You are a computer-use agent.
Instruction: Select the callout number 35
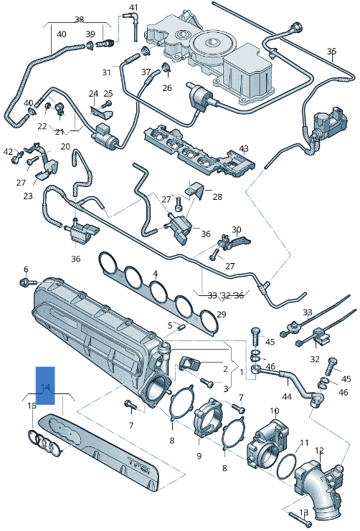click(x=331, y=52)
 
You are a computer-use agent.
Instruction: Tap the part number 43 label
click(x=244, y=148)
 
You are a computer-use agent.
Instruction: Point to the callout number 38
click(x=79, y=19)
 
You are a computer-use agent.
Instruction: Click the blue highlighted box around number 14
click(x=45, y=386)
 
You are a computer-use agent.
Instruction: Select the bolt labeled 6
click(x=27, y=282)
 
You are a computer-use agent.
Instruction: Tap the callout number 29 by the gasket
click(x=221, y=315)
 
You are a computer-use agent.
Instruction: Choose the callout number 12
click(x=319, y=450)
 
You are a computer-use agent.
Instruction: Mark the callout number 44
click(x=287, y=396)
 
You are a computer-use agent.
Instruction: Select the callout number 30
click(x=236, y=230)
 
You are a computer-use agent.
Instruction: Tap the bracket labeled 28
click(x=198, y=191)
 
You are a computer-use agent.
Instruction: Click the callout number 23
click(x=28, y=196)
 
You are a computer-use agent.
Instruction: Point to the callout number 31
click(x=106, y=72)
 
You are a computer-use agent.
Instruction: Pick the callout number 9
click(x=199, y=456)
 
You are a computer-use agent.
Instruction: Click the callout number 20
click(x=65, y=146)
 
